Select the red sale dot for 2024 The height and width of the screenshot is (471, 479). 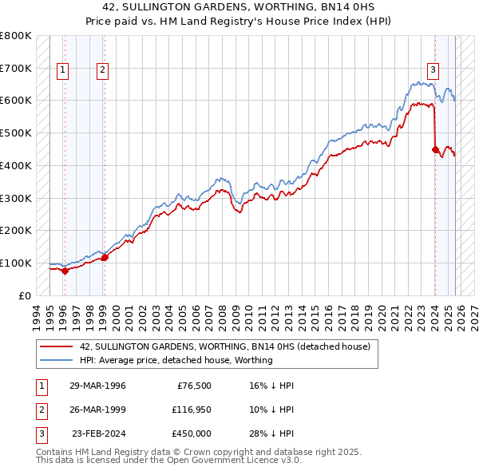click(435, 148)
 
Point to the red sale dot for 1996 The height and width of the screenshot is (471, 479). click(65, 271)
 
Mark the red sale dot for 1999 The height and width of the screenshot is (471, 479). click(104, 257)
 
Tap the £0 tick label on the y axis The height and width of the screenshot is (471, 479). click(24, 295)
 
